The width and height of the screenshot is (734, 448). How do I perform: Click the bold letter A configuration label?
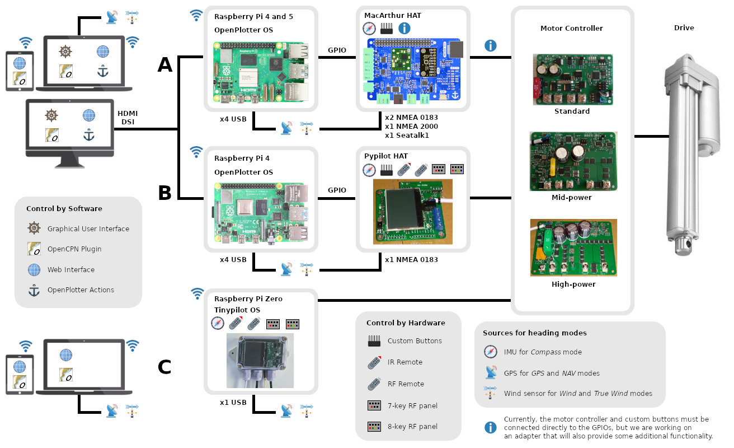point(165,65)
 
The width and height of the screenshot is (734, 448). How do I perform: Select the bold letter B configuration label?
point(165,193)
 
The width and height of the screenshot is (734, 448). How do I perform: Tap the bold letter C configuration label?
point(164,367)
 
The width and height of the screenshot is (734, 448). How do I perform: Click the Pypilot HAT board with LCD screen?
point(413,212)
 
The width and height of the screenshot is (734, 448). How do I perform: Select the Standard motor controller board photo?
point(572,80)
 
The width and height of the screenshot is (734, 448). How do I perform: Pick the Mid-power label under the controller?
point(571,197)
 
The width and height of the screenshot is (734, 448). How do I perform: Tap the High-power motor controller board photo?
point(573,248)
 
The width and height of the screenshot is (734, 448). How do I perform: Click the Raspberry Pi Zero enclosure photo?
point(260,361)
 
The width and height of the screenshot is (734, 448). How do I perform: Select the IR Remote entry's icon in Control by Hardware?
point(375,362)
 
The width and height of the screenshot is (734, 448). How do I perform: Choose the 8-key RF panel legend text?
point(412,426)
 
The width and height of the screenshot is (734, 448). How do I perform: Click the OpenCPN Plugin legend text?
point(74,249)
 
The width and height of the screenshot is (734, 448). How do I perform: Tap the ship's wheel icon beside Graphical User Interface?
point(35,228)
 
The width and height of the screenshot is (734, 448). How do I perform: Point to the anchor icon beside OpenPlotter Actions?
point(35,290)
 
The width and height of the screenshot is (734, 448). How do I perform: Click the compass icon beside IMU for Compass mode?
point(491,352)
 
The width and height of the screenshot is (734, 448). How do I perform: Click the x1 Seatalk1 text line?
point(407,135)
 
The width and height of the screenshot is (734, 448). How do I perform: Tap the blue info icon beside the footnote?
point(491,428)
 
